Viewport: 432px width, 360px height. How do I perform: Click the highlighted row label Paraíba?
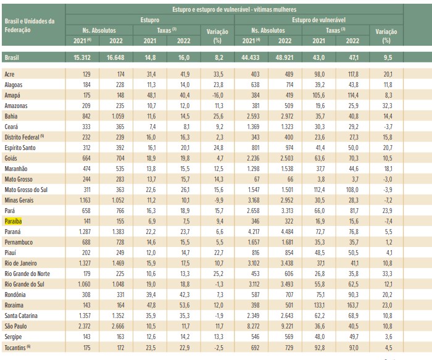[x=13, y=221]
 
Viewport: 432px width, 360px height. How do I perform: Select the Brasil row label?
[x=12, y=57]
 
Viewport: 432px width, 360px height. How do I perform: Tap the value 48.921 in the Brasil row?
[x=285, y=57]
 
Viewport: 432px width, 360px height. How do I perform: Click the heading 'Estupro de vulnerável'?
[x=319, y=20]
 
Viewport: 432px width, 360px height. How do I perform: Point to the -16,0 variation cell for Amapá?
[x=218, y=95]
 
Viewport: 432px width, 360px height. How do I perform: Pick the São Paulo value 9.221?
[x=287, y=327]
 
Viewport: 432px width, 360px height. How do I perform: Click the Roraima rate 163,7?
[x=352, y=306]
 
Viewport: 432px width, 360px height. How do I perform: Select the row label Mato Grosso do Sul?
[x=26, y=190]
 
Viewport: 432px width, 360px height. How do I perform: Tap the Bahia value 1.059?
[x=118, y=116]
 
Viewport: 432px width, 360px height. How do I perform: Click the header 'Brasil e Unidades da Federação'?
[x=30, y=26]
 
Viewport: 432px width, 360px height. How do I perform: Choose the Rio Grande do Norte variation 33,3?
[x=388, y=274]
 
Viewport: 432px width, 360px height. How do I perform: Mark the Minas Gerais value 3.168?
[x=253, y=201]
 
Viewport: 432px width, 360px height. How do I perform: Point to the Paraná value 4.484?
[x=287, y=232]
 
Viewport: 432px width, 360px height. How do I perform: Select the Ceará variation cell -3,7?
[x=388, y=127]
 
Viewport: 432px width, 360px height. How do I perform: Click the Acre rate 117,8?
[x=353, y=75]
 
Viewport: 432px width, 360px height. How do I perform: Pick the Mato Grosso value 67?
[x=257, y=180]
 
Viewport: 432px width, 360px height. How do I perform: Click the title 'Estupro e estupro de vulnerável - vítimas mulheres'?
[x=235, y=9]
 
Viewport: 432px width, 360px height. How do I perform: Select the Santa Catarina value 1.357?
[x=85, y=316]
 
